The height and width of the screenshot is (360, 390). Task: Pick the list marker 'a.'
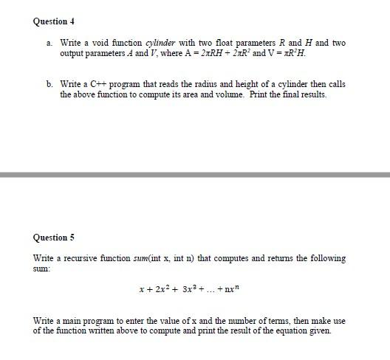[x=49, y=43]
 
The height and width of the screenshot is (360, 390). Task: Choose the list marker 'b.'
[x=49, y=84]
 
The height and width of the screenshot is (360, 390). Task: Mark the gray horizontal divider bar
[x=195, y=175]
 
